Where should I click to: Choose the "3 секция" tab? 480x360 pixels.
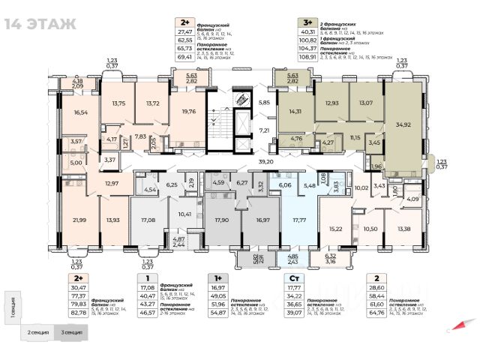[x=72, y=331]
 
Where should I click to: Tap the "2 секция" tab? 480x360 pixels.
[x=38, y=331]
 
